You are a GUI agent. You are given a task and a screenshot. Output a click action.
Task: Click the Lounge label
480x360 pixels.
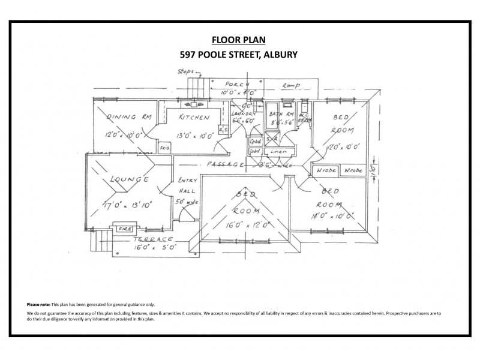[x=125, y=179]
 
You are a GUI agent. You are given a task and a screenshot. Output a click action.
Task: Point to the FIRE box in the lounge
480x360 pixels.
[x=125, y=228]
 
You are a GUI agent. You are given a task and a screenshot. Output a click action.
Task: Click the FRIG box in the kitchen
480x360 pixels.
[x=163, y=146]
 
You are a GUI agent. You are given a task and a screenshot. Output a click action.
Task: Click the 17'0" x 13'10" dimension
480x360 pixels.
[x=127, y=205]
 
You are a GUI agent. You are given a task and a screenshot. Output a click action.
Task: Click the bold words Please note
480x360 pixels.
[x=38, y=305]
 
